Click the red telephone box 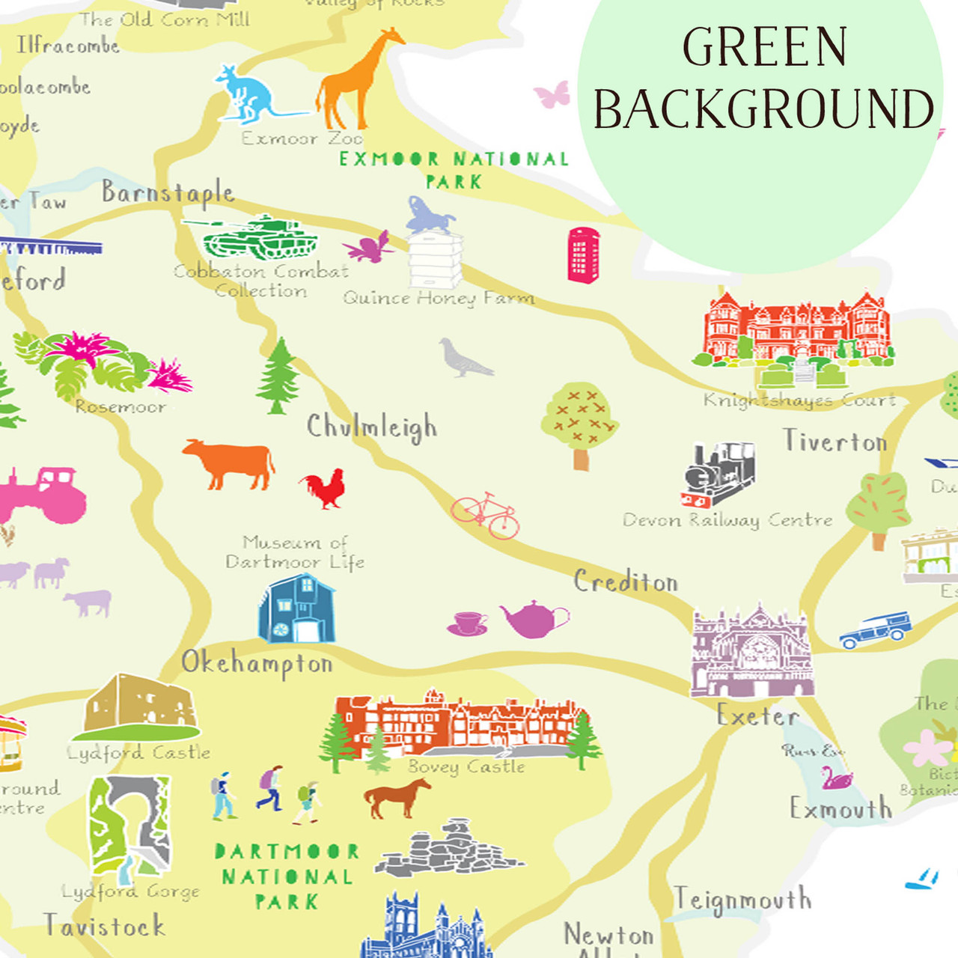coord(583,255)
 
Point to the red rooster coord(325,488)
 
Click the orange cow coord(228,463)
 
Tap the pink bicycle coord(486,516)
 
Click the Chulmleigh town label coord(371,427)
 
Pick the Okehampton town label coord(257,663)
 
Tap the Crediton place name coord(626,582)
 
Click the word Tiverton coord(835,441)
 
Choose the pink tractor coord(45,495)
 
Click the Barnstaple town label coord(168,193)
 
